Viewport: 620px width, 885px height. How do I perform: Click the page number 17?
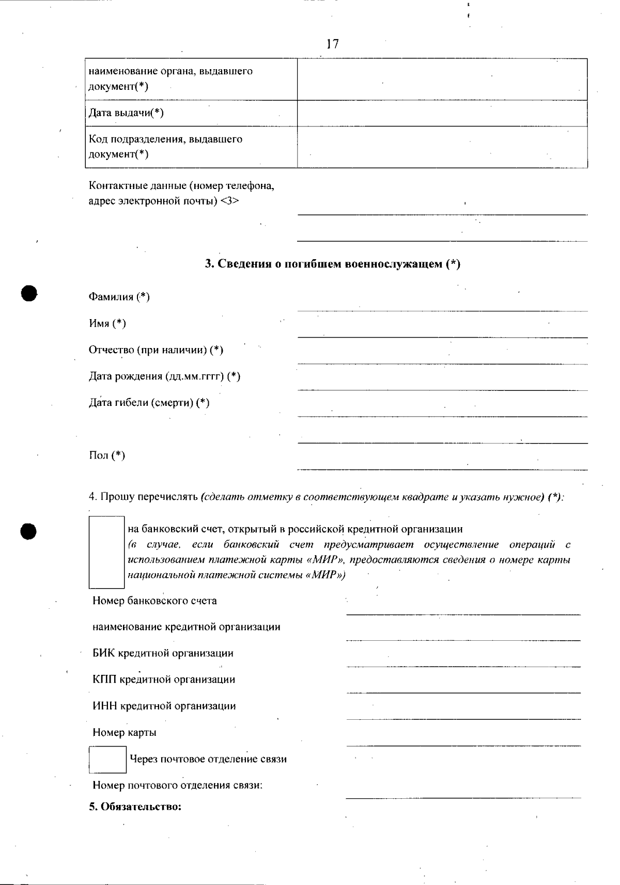[x=333, y=44]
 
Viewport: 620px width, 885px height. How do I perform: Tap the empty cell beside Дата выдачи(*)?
[x=442, y=113]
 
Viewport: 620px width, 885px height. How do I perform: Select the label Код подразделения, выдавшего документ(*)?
[x=165, y=147]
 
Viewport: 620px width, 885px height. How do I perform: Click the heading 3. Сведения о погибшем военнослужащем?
[x=333, y=264]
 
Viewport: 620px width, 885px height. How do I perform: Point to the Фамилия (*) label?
[x=119, y=297]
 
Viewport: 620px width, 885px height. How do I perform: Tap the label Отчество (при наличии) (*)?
[x=156, y=350]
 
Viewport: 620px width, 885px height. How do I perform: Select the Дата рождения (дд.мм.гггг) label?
[x=164, y=376]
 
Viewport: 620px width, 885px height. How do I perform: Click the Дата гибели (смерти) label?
[x=149, y=403]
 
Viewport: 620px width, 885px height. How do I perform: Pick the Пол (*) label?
[x=107, y=455]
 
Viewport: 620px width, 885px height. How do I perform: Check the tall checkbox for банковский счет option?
[x=107, y=552]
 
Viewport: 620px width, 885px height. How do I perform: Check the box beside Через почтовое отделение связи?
[x=107, y=759]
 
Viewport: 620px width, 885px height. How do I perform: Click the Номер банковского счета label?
[x=154, y=601]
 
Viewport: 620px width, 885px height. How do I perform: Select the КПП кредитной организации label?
[x=164, y=679]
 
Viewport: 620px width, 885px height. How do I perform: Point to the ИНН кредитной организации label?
[x=164, y=706]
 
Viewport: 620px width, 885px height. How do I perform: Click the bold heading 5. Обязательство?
[x=135, y=807]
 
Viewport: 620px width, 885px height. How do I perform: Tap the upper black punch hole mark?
[x=29, y=293]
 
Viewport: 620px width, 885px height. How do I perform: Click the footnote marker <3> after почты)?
[x=229, y=201]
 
